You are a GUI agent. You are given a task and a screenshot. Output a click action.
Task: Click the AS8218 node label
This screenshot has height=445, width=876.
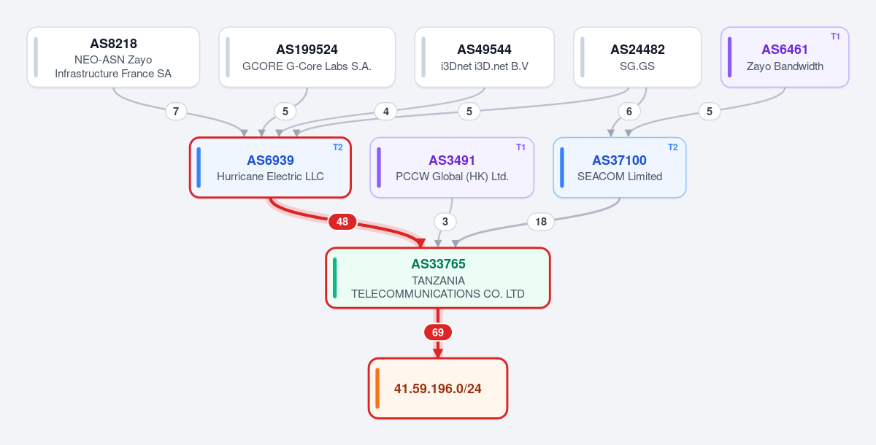113,43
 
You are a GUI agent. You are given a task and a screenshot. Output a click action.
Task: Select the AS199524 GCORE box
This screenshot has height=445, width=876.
307,57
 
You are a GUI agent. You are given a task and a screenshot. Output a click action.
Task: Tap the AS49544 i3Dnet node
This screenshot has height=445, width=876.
484,57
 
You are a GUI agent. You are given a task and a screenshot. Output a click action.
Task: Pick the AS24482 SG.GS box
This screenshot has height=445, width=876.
637,57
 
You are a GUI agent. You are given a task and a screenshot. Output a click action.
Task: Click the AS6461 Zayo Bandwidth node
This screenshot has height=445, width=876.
785,57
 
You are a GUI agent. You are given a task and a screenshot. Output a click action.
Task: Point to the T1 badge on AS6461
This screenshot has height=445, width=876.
835,36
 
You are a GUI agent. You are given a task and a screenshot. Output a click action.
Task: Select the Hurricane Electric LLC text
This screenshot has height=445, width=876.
270,177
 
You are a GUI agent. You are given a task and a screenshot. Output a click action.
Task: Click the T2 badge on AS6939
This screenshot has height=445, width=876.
338,147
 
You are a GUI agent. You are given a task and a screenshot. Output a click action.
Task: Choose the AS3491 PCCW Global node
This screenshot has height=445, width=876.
452,167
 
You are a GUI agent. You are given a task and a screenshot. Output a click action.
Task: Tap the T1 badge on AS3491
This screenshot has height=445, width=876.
520,147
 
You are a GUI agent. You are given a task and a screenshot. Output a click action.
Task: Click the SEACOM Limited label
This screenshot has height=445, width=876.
620,177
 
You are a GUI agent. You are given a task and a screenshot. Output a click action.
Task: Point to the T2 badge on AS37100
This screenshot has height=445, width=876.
672,147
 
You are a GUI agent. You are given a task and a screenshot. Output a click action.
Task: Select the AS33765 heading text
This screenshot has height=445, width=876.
438,264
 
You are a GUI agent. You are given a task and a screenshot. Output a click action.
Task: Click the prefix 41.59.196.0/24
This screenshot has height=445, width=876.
437,389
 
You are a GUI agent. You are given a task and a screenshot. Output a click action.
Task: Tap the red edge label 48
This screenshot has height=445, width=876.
342,222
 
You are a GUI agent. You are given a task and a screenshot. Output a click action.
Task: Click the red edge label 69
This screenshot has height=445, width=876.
438,332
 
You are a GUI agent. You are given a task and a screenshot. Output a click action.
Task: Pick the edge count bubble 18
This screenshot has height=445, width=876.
541,222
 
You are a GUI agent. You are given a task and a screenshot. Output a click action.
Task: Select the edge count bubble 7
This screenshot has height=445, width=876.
176,112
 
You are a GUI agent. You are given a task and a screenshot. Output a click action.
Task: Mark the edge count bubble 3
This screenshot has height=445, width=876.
445,222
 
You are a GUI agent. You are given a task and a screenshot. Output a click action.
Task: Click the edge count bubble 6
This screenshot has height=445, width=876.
629,112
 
